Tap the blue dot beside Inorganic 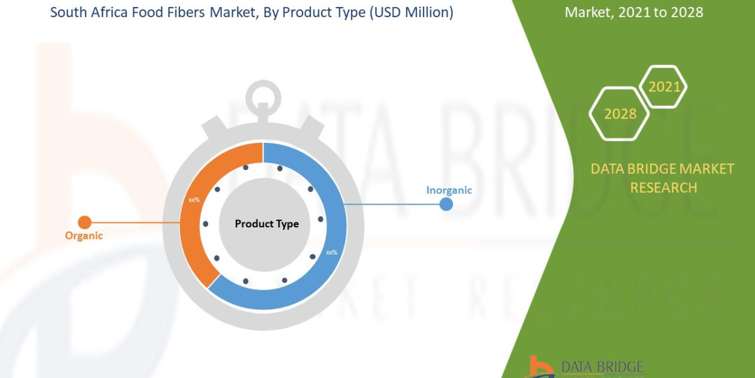446,203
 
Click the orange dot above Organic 84,222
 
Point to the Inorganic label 449,190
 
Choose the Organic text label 84,236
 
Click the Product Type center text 267,224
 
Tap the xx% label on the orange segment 194,200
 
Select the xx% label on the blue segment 331,252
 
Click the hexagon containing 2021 664,86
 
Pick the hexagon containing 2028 620,113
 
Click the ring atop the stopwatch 264,96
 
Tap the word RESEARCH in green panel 663,187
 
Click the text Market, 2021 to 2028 634,12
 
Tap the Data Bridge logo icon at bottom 540,367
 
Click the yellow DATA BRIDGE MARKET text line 663,169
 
